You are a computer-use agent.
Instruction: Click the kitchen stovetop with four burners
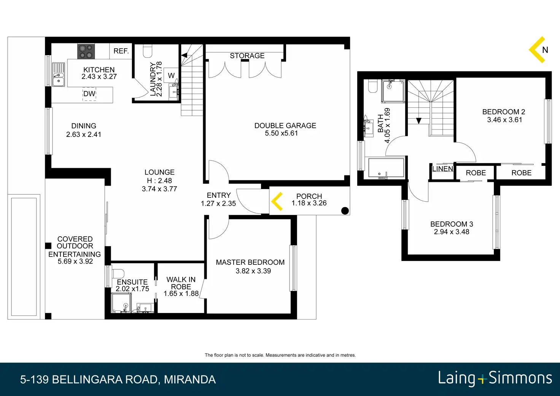(86, 51)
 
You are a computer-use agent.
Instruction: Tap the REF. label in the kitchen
(121, 51)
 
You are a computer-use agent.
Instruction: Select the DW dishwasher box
(89, 94)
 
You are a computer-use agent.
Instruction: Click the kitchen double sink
(59, 74)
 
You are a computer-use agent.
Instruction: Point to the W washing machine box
(171, 75)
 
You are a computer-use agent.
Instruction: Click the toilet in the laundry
(148, 51)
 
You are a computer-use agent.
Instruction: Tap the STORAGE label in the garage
(247, 56)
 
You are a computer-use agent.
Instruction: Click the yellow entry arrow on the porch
(277, 201)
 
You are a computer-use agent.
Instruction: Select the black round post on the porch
(345, 211)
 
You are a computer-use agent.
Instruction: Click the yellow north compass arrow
(537, 49)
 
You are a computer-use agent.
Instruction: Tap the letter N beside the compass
(545, 50)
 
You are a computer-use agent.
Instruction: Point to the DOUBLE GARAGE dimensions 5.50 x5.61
(281, 133)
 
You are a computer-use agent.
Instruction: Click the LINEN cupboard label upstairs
(442, 169)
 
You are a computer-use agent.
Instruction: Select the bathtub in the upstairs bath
(386, 168)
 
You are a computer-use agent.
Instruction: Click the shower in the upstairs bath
(393, 91)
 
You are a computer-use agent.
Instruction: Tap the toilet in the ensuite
(118, 273)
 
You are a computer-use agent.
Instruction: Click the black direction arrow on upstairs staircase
(419, 121)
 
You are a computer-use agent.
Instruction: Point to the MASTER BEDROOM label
(250, 262)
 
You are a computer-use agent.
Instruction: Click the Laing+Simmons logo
(495, 379)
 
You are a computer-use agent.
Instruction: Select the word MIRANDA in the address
(190, 380)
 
